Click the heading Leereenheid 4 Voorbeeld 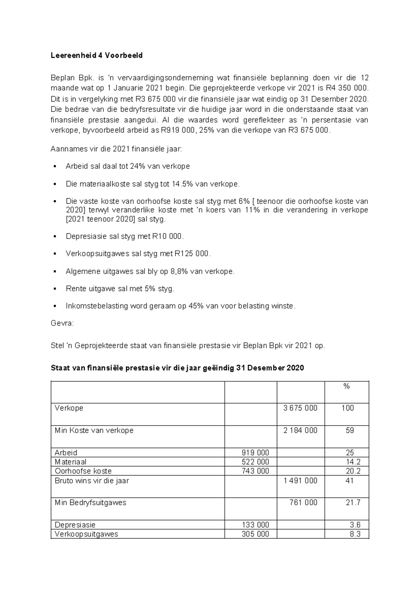(x=97, y=55)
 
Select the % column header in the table (x=346, y=386)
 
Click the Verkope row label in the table (x=69, y=408)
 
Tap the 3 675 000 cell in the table (x=300, y=408)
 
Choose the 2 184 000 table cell (x=300, y=430)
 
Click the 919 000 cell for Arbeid (x=255, y=453)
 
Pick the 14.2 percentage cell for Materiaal (x=353, y=462)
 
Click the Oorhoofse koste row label (x=83, y=471)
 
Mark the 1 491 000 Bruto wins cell (x=300, y=481)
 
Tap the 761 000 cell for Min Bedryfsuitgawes (x=303, y=503)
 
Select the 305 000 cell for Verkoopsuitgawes (x=255, y=534)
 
